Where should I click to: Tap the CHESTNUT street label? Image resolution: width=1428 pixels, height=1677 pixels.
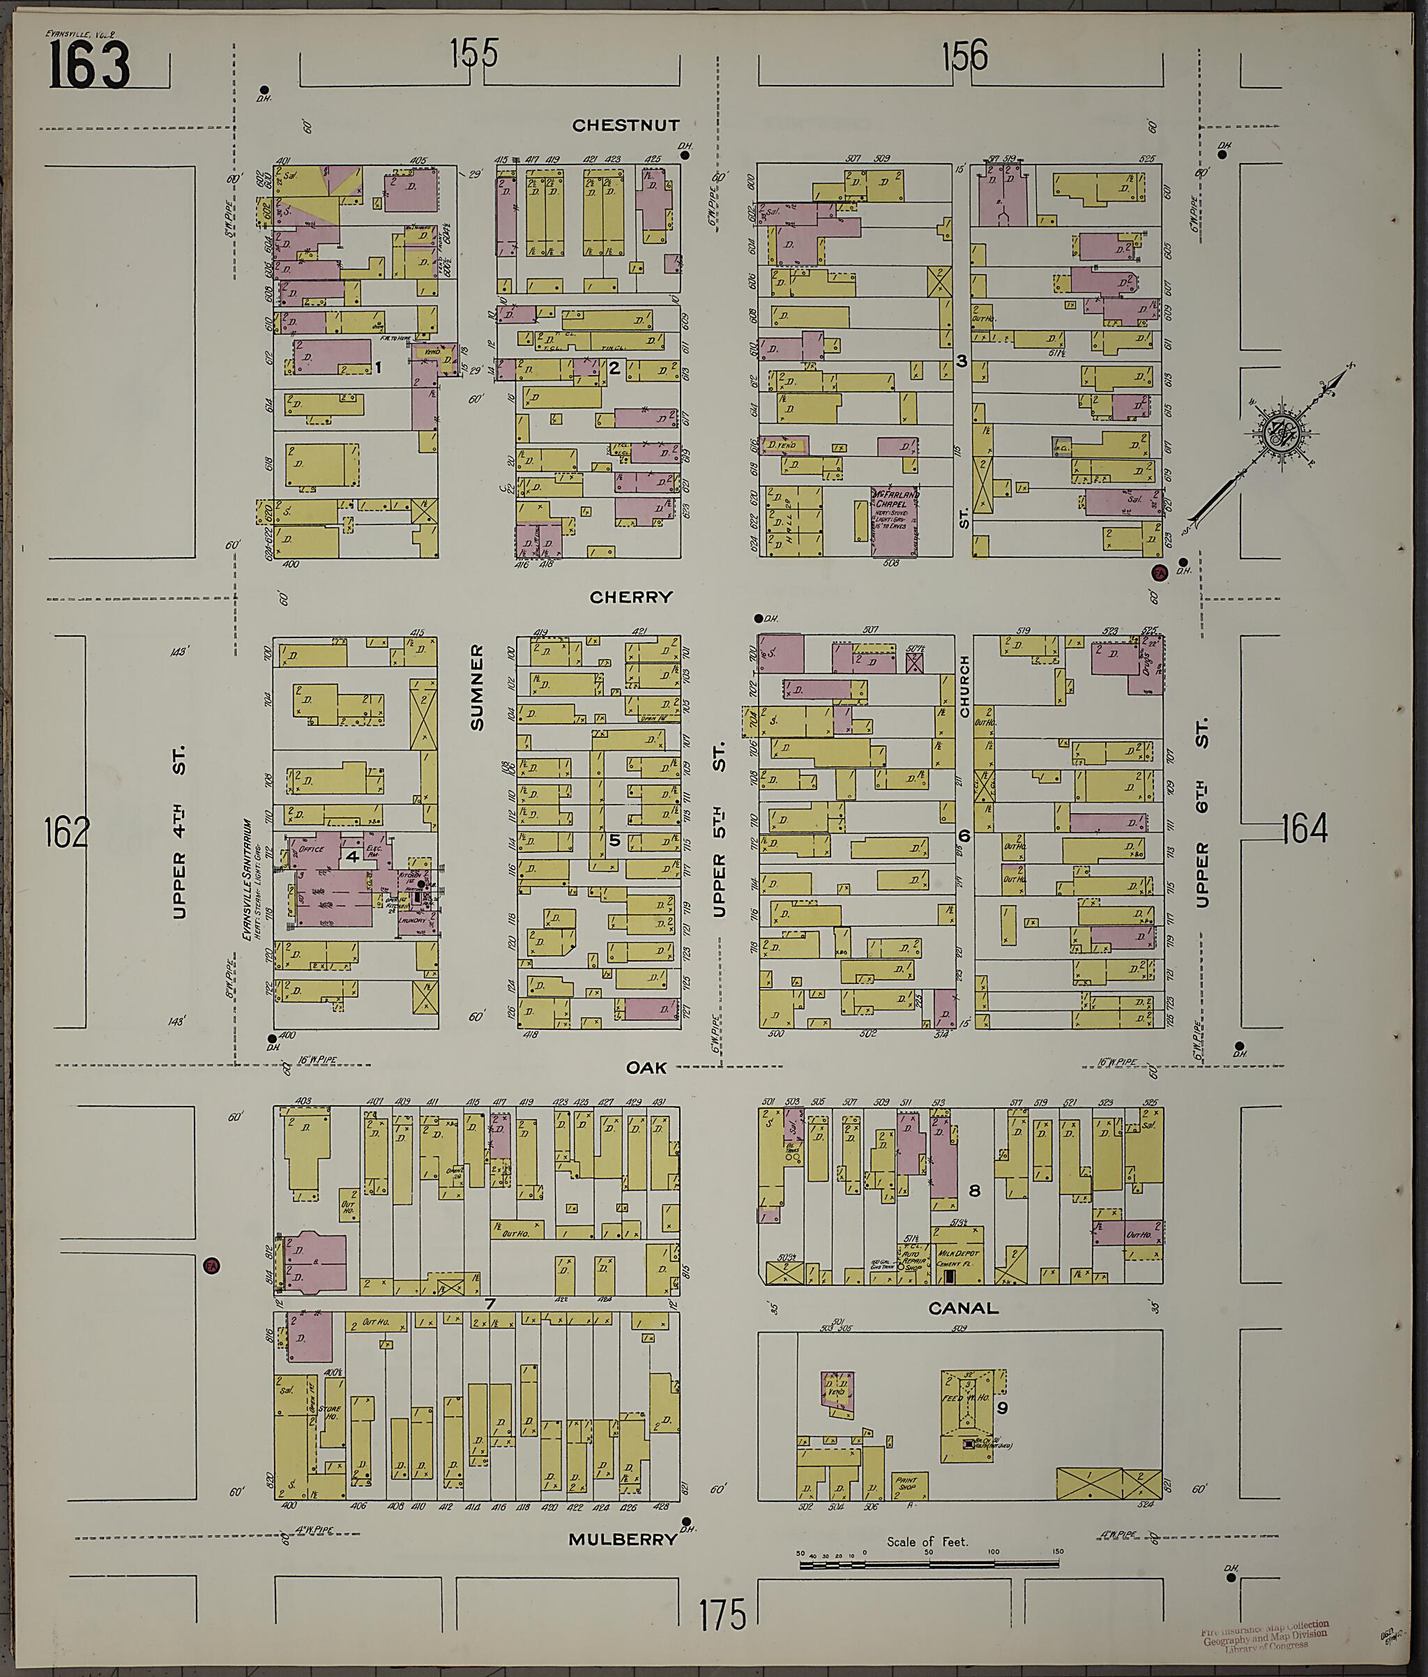(625, 125)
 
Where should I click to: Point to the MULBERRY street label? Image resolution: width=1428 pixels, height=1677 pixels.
(622, 1540)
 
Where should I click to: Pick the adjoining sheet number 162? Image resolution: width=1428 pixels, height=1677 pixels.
(66, 831)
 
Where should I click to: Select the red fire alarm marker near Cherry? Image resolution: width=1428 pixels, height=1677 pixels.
(1158, 573)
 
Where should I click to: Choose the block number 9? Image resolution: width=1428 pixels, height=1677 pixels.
(1002, 1407)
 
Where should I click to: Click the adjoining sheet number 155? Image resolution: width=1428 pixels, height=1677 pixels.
(473, 55)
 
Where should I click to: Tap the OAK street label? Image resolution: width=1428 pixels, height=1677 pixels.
(646, 1068)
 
